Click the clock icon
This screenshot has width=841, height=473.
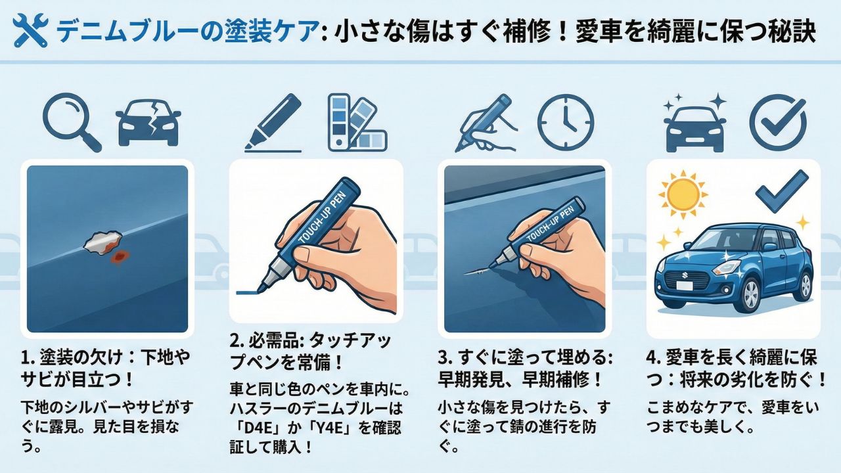(565, 122)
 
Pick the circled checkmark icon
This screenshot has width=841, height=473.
(777, 122)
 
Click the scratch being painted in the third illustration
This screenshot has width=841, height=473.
(477, 271)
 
